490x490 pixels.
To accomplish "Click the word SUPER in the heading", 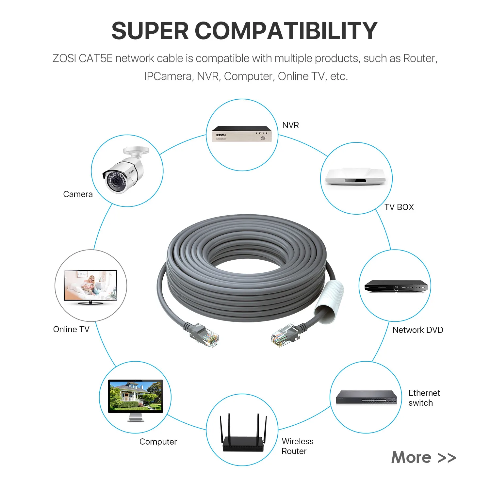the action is (150, 31).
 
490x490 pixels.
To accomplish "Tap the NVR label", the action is (290, 125).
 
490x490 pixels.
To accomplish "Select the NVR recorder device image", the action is (242, 134).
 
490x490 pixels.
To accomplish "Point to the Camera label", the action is (78, 194).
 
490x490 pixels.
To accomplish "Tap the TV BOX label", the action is (399, 207).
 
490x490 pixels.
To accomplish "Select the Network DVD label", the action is (418, 330).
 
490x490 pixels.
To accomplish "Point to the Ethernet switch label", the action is (424, 398).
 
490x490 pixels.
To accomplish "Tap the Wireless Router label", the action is (297, 446).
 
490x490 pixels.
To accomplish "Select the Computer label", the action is (158, 442).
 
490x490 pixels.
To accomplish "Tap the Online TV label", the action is (71, 329).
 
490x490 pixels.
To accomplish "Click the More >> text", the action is (423, 457).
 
